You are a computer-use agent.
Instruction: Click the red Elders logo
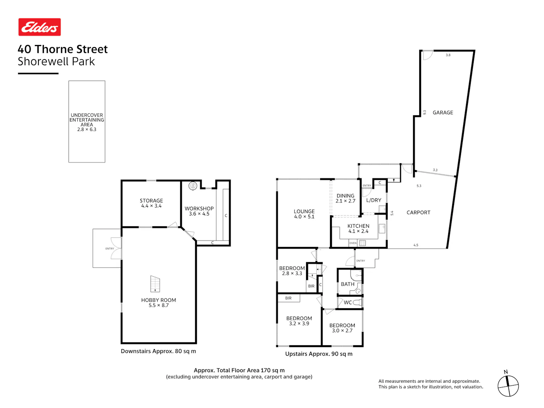(x=40, y=27)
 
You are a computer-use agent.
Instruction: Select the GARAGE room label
(x=443, y=112)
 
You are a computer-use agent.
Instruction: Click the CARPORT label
(x=418, y=212)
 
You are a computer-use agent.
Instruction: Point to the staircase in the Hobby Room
(x=155, y=284)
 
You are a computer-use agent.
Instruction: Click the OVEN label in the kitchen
(x=353, y=243)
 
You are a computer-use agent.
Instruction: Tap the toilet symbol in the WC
(x=357, y=302)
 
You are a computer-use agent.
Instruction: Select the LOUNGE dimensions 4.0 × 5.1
(x=304, y=217)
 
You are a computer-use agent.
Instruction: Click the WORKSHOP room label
(x=199, y=209)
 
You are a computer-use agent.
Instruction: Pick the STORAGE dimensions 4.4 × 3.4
(x=151, y=206)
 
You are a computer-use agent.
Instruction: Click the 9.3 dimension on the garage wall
(x=424, y=112)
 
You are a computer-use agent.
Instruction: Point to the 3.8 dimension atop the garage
(x=448, y=55)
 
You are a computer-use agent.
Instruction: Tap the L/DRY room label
(x=374, y=200)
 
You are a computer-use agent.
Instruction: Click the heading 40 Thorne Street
(x=63, y=49)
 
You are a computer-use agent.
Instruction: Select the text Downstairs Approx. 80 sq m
(x=158, y=351)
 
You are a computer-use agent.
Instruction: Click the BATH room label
(x=347, y=284)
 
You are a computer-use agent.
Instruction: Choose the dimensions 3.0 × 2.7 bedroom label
(x=342, y=330)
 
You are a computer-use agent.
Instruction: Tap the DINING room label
(x=345, y=196)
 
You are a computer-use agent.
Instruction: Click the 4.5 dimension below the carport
(x=416, y=245)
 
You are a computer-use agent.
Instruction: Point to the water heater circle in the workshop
(x=193, y=186)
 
